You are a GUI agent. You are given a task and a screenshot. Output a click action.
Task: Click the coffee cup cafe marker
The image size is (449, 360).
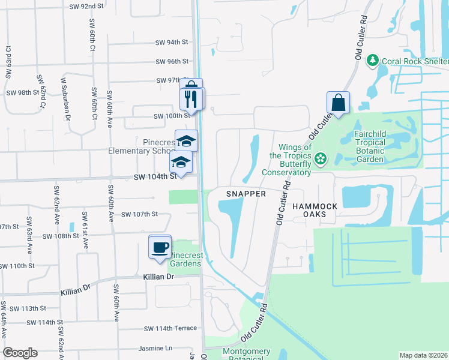[160, 248]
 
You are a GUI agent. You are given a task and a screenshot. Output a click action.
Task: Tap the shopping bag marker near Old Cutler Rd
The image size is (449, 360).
[338, 103]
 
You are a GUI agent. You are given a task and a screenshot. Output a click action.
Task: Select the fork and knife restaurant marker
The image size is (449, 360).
[193, 99]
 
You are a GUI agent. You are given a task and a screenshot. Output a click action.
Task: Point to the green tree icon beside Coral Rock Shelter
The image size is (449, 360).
[373, 61]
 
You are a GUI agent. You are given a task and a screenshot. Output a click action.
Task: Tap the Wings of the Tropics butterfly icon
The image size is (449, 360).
[321, 159]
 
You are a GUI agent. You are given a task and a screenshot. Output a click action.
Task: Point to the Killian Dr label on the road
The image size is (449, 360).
[158, 277]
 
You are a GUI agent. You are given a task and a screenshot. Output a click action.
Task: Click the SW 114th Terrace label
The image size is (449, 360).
[170, 329]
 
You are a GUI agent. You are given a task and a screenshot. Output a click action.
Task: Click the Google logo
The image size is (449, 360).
[20, 353]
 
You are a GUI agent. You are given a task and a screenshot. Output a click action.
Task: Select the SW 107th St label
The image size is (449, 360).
[139, 214]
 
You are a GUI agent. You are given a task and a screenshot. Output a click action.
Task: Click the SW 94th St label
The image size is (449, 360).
[172, 43]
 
